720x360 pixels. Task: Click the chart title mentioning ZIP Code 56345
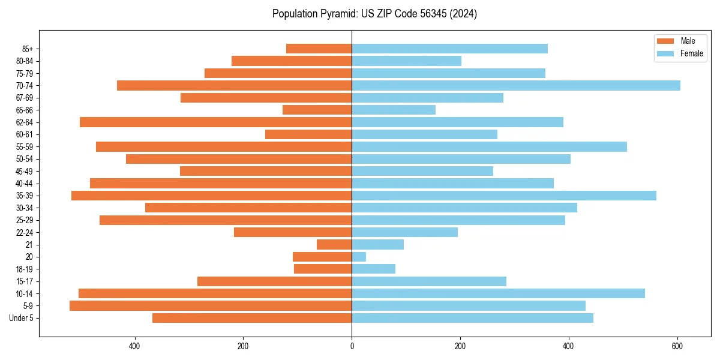[374, 14]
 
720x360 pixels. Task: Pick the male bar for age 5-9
[211, 306]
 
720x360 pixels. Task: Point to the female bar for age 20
[359, 257]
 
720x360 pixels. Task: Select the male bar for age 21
[334, 245]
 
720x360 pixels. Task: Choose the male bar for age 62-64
[215, 122]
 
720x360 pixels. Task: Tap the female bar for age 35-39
[504, 196]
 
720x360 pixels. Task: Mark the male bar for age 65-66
[317, 110]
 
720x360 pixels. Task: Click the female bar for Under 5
[472, 318]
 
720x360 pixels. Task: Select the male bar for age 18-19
[323, 269]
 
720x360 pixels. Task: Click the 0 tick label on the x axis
[352, 346]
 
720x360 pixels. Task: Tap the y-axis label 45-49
[24, 171]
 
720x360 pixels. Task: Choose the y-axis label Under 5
[22, 318]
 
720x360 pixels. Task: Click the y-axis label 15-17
[24, 281]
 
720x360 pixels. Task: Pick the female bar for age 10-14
[498, 293]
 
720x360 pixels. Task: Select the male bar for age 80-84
[292, 61]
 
